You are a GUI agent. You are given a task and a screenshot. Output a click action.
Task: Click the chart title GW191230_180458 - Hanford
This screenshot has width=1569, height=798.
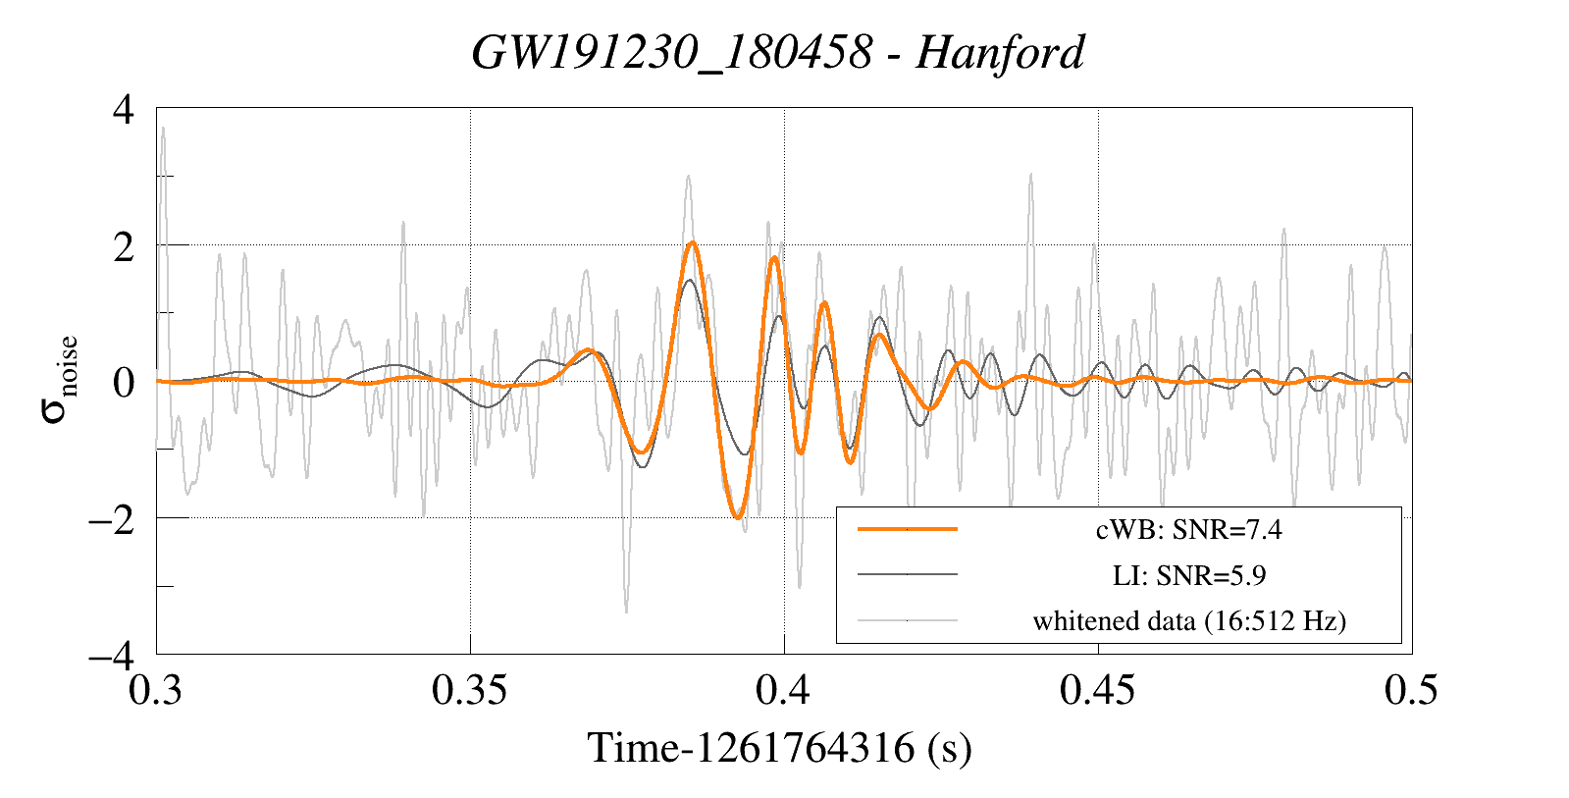778,52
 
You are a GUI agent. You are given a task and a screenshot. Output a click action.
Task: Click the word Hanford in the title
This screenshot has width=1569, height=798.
1000,52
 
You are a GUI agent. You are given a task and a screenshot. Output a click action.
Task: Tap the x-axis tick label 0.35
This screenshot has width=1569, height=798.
470,690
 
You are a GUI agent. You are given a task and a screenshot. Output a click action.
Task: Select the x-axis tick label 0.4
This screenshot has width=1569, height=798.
783,690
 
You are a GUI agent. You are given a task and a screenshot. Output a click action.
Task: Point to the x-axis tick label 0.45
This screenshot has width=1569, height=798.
1098,690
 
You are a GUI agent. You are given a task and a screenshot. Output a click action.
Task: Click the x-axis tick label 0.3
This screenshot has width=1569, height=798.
156,690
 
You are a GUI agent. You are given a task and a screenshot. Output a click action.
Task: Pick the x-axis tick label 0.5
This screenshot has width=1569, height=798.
1411,690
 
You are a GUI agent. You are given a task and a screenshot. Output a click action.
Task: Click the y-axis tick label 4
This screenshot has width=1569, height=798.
123,109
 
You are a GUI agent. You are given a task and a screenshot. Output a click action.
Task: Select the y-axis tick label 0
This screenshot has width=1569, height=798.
123,382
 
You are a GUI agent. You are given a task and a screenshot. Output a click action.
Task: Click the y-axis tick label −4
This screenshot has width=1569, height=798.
111,655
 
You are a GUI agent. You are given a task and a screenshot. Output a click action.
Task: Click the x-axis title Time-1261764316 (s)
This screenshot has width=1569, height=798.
779,748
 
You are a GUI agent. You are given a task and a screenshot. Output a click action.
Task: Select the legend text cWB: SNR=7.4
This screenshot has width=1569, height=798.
1188,530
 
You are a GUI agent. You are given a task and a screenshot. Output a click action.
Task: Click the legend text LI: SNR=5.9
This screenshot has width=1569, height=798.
1188,576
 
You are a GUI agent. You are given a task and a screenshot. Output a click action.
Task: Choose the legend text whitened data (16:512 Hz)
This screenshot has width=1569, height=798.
1188,621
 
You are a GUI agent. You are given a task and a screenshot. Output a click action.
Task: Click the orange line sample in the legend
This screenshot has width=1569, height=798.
907,529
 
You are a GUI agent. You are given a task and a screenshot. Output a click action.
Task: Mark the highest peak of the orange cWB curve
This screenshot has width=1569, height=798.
693,242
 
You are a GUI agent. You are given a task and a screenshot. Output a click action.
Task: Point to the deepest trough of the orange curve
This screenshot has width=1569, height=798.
738,517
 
